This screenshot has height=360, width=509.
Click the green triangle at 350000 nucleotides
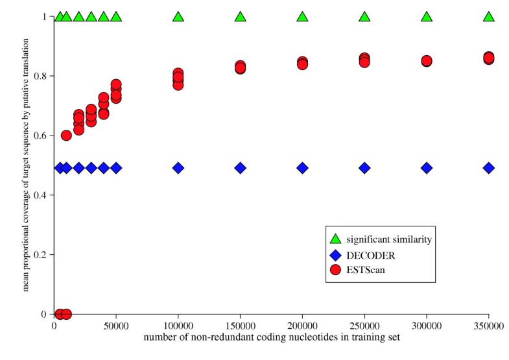489,16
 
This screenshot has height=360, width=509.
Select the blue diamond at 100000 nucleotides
178,167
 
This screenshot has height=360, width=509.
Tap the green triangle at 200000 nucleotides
302,16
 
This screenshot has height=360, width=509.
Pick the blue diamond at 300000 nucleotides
427,167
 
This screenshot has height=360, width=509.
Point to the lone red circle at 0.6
66,136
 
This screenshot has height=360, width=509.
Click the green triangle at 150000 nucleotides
241,16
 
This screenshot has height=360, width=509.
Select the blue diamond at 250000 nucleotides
364,167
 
